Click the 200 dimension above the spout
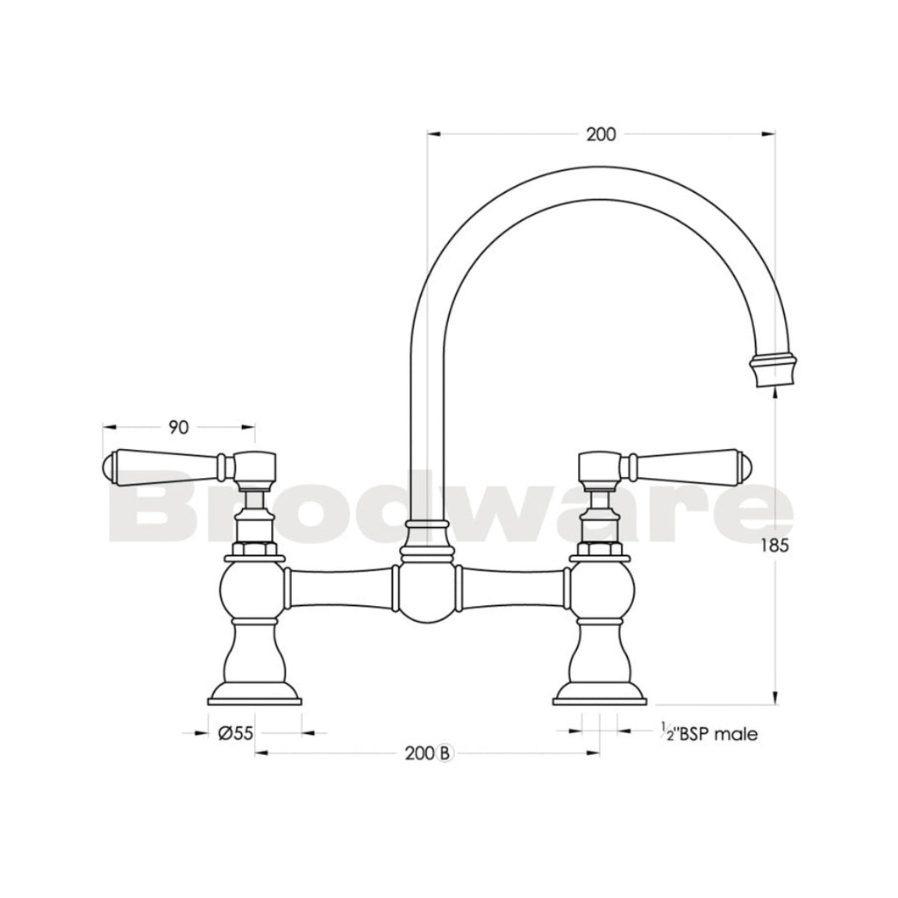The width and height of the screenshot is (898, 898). [x=601, y=134]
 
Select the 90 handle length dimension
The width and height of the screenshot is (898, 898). [x=179, y=427]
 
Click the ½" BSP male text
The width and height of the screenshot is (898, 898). [x=709, y=734]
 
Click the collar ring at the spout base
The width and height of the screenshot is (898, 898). [x=427, y=527]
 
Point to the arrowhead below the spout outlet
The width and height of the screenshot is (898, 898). [x=774, y=395]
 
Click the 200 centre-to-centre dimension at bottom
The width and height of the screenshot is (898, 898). [x=421, y=752]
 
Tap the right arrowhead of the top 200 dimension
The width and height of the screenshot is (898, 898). [x=768, y=134]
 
